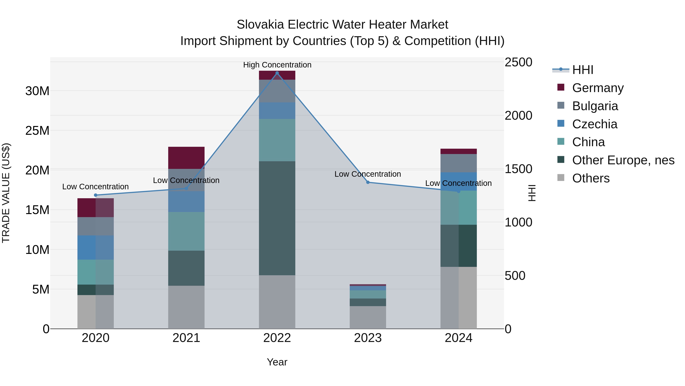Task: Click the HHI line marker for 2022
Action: [277, 73]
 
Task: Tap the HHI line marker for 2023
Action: [368, 182]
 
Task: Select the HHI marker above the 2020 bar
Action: [96, 195]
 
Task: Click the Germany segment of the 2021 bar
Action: [186, 158]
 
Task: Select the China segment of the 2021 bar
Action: [186, 231]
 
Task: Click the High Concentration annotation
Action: [277, 65]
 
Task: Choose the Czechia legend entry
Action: [595, 124]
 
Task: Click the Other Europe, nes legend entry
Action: [623, 160]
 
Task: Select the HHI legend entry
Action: [583, 70]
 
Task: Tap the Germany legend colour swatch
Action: [561, 87]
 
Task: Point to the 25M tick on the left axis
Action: [37, 131]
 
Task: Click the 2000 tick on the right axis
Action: [518, 116]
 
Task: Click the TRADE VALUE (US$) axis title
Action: [6, 193]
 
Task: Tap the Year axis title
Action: [277, 362]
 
